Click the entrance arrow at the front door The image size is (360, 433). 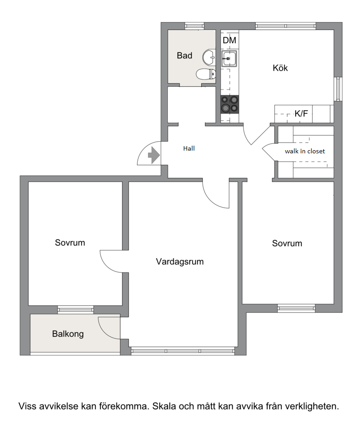[154, 155]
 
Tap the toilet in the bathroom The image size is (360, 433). [206, 74]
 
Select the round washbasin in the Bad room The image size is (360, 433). [209, 58]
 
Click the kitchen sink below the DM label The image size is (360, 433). [229, 59]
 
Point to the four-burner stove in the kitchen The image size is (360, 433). [229, 104]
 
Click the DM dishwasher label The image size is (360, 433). [229, 40]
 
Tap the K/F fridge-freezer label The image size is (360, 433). [301, 113]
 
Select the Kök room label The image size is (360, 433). [280, 68]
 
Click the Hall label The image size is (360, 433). [189, 148]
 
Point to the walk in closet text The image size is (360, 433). [305, 152]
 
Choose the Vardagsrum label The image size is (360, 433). [180, 262]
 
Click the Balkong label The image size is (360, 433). [68, 334]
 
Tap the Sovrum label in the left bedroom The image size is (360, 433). [70, 243]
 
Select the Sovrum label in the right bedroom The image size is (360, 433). [287, 243]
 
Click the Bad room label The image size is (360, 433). [184, 55]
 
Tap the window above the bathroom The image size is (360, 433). [194, 26]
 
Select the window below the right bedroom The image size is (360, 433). [296, 308]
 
